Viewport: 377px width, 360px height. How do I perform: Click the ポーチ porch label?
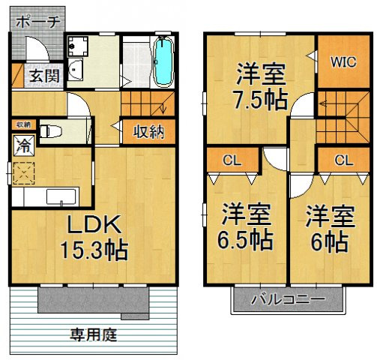(x=34, y=21)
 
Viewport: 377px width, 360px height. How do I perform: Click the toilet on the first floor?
(x=49, y=130)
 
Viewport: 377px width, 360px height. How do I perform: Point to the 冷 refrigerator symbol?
(x=22, y=142)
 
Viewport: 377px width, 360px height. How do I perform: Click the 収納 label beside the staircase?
(x=148, y=132)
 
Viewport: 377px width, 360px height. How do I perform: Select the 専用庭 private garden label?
(x=93, y=334)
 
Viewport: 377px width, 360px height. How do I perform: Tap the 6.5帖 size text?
(x=245, y=240)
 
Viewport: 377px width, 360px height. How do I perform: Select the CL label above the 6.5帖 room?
(x=232, y=160)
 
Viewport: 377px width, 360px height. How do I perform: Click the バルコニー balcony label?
(x=288, y=299)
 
